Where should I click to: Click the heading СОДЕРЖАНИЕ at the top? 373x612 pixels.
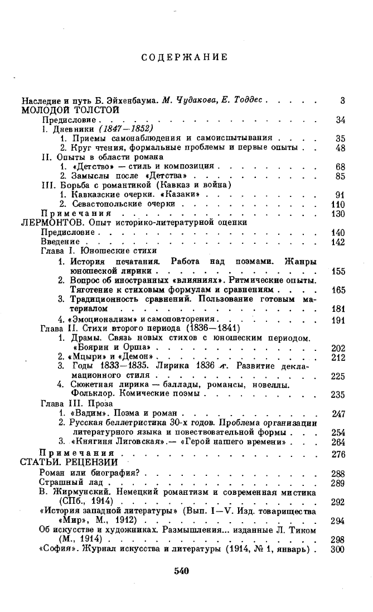coord(184,57)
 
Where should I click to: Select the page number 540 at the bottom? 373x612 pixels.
coord(182,570)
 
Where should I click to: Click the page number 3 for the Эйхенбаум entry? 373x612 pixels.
coord(342,101)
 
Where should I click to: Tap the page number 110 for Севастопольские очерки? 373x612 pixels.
coord(338,204)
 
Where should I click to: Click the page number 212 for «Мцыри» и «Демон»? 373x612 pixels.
coord(338,357)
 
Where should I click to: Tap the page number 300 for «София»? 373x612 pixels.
coord(338,549)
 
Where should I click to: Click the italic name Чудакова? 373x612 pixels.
coord(201,101)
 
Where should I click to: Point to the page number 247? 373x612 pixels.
coord(338,413)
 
